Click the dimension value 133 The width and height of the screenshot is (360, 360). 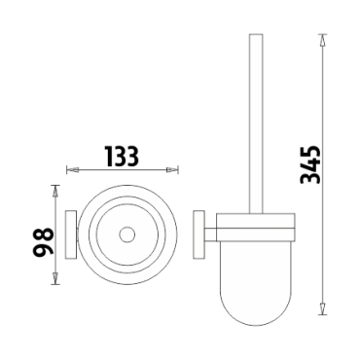pos(123,156)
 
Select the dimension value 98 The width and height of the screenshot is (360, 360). pos(43,242)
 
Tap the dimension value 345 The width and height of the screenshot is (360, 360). pos(310,164)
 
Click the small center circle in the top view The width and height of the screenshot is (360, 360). pos(126,235)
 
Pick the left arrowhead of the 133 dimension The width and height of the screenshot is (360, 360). pos(72,169)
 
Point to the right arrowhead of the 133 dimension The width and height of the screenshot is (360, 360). pos(172,169)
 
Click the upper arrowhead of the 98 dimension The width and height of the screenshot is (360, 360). pos(55,192)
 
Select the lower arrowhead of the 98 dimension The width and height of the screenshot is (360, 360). pos(55,278)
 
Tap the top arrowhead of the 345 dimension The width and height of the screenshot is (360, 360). pos(322,40)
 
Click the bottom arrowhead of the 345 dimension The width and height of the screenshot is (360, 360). pos(322,308)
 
